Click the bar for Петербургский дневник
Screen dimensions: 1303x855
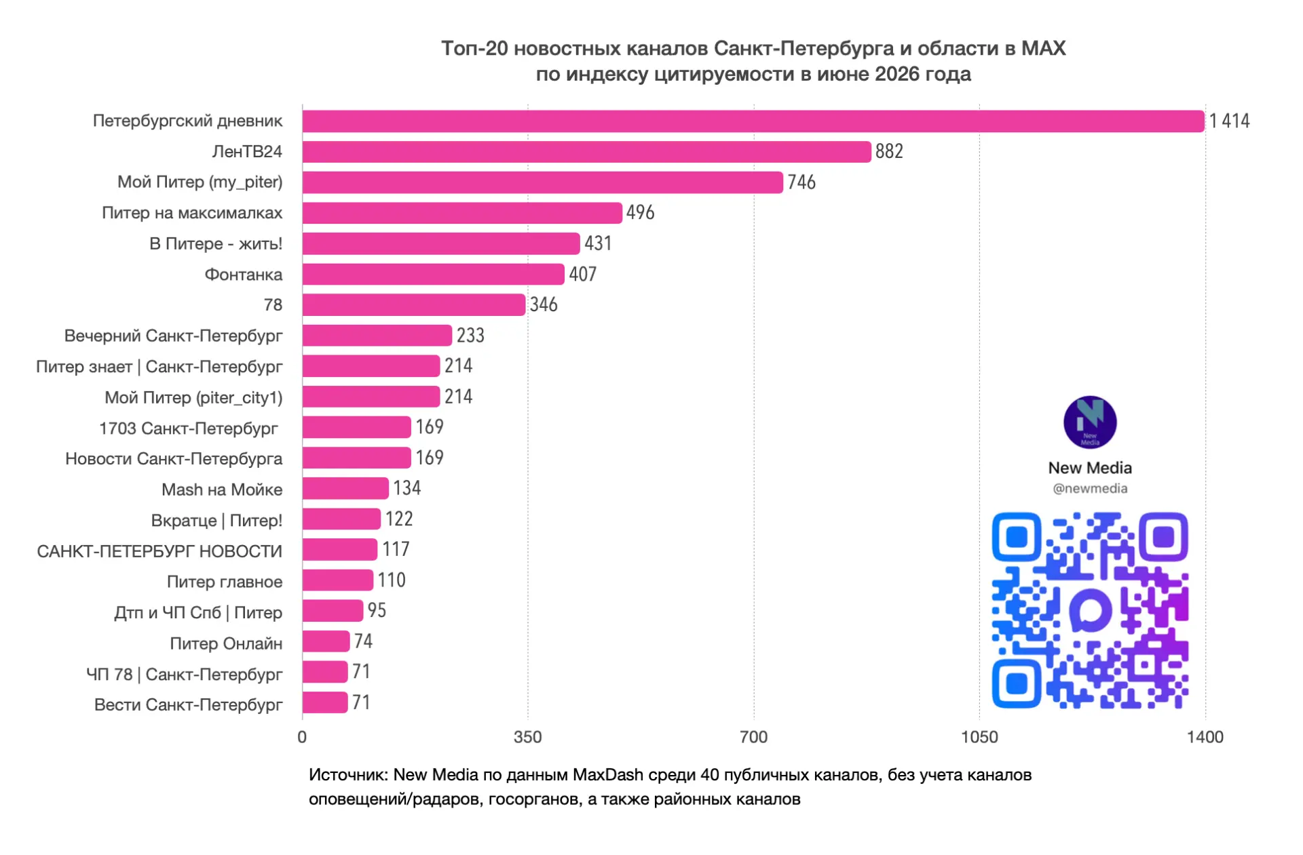pos(753,121)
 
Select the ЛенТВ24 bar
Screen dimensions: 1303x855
pos(587,152)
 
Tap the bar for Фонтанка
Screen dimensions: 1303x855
pos(434,274)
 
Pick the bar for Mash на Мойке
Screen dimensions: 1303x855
pos(345,488)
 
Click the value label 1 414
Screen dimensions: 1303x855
pos(1229,121)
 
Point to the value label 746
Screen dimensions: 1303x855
pos(801,182)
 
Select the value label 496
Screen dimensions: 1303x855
pos(640,213)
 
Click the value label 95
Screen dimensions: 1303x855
pos(377,610)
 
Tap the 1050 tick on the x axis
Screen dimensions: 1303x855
pos(979,737)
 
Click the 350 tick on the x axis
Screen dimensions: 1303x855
pos(528,737)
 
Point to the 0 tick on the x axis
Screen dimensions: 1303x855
pos(302,737)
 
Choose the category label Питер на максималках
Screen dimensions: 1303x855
pos(192,213)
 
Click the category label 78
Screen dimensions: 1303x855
pos(273,305)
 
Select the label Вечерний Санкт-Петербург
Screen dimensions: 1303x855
pos(173,336)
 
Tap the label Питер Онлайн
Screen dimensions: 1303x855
pos(226,643)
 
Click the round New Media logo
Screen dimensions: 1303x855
pos(1090,422)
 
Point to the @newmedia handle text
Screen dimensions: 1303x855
pos(1090,489)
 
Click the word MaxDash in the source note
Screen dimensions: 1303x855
pos(608,775)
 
